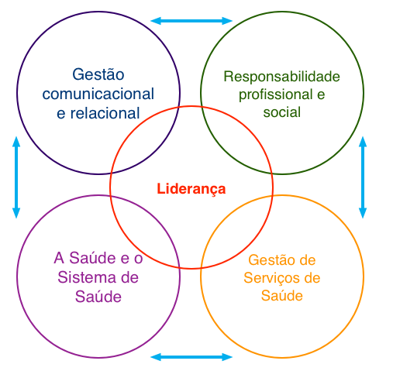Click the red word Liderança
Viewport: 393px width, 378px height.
pyautogui.click(x=191, y=189)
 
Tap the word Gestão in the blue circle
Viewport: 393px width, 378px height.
pyautogui.click(x=98, y=74)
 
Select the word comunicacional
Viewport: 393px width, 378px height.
pyautogui.click(x=98, y=94)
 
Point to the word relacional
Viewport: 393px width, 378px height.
pyautogui.click(x=105, y=113)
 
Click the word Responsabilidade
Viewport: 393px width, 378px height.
pyautogui.click(x=281, y=77)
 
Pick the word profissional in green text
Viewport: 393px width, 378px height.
pyautogui.click(x=275, y=95)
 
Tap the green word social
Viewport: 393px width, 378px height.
pyautogui.click(x=281, y=112)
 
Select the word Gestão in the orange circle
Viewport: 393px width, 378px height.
pyautogui.click(x=269, y=259)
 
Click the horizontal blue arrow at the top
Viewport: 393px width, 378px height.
pyautogui.click(x=191, y=21)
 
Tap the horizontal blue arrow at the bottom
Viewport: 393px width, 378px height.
pyautogui.click(x=191, y=357)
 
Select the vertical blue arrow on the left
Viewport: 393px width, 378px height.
pyautogui.click(x=16, y=177)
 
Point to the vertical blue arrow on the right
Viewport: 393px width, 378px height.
pyautogui.click(x=363, y=177)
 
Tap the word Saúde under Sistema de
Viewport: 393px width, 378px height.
pyautogui.click(x=98, y=297)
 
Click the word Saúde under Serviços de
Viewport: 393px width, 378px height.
pyautogui.click(x=281, y=296)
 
